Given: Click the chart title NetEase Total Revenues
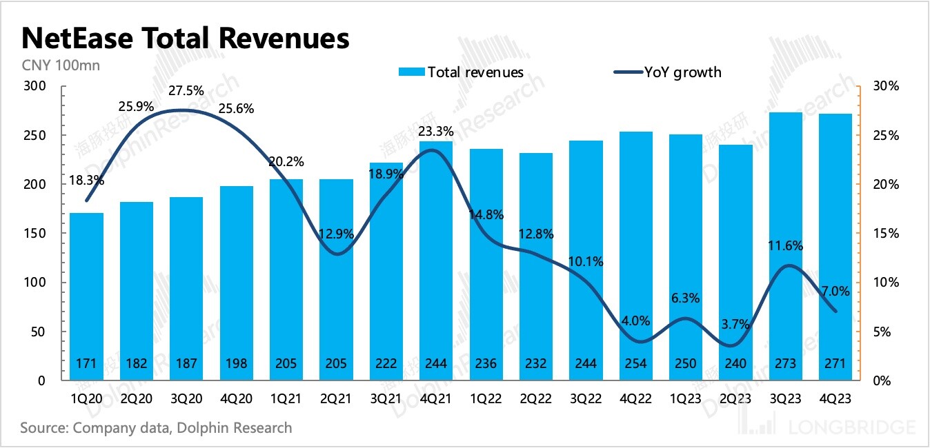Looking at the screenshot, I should [x=185, y=39].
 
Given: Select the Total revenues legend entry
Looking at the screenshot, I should [x=461, y=72].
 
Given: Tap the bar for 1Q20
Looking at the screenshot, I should [x=87, y=296].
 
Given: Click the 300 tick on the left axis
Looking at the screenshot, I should [x=34, y=86].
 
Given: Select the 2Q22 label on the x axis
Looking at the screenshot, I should [x=536, y=400].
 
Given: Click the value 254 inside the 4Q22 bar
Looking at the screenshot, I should [x=636, y=363].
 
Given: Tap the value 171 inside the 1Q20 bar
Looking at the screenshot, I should [x=87, y=363].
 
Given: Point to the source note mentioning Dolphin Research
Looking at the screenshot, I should [x=156, y=428].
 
